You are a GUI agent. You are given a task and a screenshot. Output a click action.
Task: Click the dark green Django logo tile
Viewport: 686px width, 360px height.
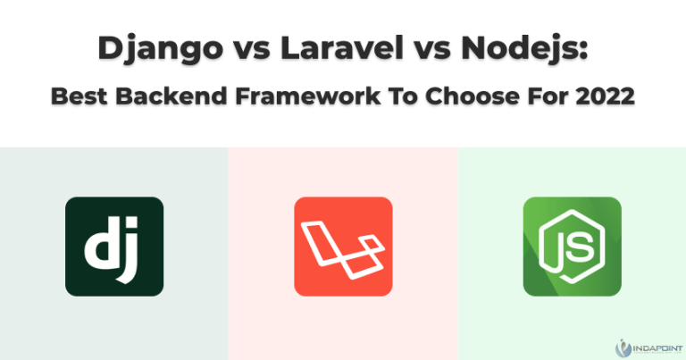(x=114, y=247)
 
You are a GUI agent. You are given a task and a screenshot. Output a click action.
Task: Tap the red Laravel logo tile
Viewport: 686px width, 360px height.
(x=343, y=247)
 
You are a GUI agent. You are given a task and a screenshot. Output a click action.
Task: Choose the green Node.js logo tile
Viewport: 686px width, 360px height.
(x=572, y=247)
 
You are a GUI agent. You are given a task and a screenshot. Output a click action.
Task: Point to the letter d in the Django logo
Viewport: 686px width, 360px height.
(x=100, y=247)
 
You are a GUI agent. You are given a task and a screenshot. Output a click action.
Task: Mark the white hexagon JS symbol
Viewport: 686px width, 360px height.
(x=572, y=247)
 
